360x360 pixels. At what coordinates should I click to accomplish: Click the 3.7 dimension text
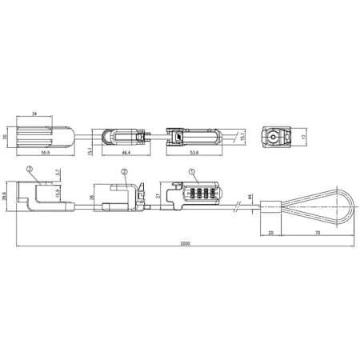point(58,172)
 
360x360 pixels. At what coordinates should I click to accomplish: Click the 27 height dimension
point(159,195)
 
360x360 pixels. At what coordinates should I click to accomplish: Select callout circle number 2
point(125,172)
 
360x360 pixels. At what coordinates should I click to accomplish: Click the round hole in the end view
point(274,138)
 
